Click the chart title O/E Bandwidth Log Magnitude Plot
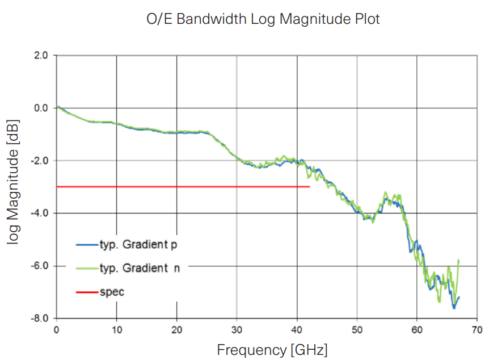coord(262,19)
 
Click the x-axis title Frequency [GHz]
coord(272,349)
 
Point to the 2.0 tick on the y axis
coord(41,56)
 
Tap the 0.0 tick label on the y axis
coord(41,108)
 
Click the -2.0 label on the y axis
coord(40,161)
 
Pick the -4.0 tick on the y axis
coord(40,214)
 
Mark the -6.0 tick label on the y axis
coord(40,266)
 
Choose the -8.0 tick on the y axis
coord(40,319)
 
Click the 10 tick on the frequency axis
coord(116,329)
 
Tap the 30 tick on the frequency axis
coord(237,329)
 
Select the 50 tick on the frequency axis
coord(357,329)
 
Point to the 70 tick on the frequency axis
coord(477,329)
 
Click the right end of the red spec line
coord(309,186)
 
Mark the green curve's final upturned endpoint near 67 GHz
coord(458,260)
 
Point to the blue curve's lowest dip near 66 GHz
coord(454,308)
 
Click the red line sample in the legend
coord(86,292)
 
